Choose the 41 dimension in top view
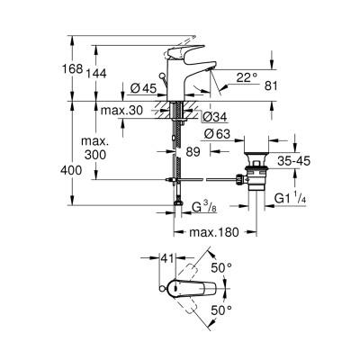[x=166, y=259]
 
